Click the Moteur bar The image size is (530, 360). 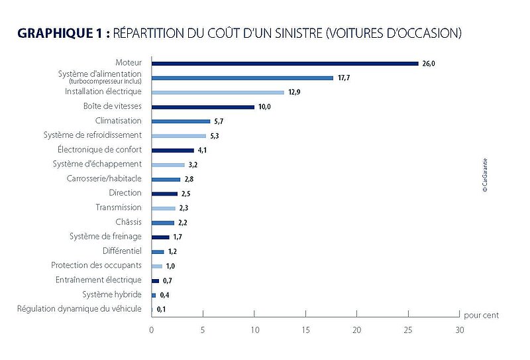point(285,64)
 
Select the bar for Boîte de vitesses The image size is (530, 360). point(203,107)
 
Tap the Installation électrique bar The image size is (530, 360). point(218,92)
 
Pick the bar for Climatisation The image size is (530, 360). point(181,121)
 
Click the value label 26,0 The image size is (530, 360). point(430,64)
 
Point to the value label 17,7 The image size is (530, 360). point(344,78)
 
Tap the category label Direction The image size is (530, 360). point(125,193)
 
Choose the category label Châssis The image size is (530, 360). point(129,221)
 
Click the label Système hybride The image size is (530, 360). point(112,294)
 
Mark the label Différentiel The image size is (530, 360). point(122,251)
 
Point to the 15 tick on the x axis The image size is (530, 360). point(305,329)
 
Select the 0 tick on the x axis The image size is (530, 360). point(152,329)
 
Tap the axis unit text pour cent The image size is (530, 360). point(481,316)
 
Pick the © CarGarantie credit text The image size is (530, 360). point(485,175)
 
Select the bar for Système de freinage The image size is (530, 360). point(160,237)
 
